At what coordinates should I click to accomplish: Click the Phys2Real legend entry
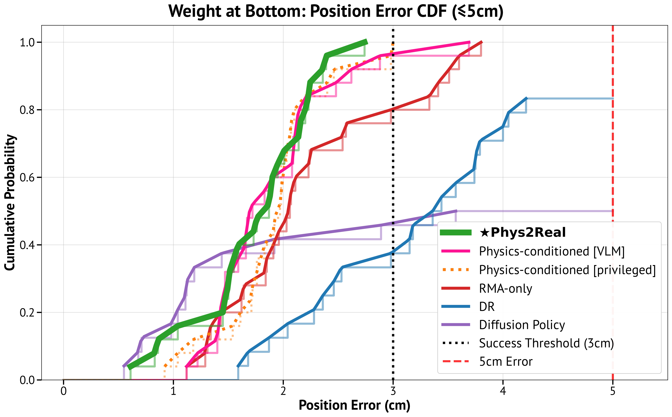click(x=522, y=233)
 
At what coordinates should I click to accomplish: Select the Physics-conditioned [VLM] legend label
click(x=552, y=251)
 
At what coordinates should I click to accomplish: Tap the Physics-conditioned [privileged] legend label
click(x=567, y=270)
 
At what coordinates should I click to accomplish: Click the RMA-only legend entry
click(x=505, y=288)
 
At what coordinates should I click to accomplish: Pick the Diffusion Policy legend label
click(x=522, y=325)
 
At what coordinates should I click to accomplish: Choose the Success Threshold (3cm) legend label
click(x=546, y=343)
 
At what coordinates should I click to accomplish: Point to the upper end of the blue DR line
click(x=527, y=98)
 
